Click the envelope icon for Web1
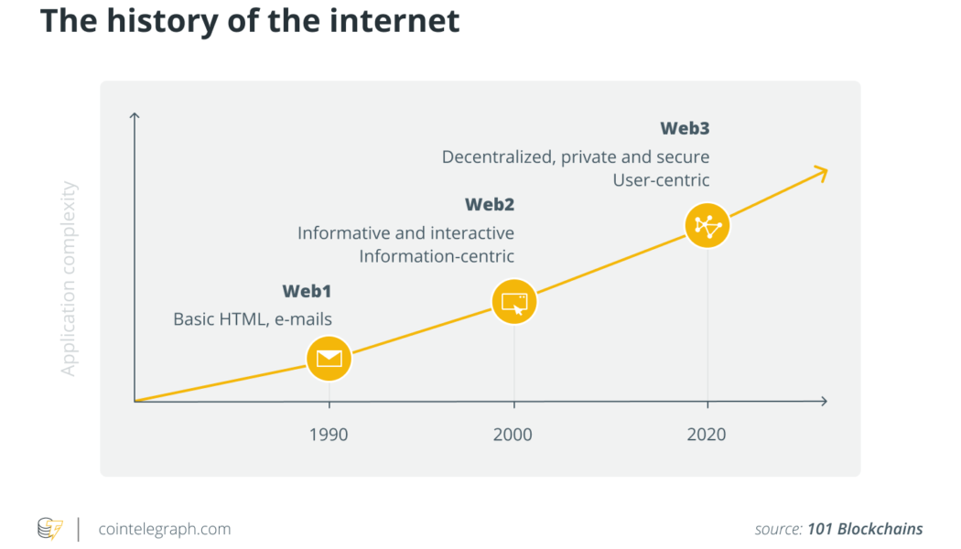[x=329, y=359]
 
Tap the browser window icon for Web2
[x=513, y=302]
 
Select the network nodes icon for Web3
[x=707, y=225]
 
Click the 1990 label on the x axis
[x=329, y=435]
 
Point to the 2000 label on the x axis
[x=513, y=435]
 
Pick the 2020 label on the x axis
[x=707, y=435]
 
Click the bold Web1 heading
[x=307, y=292]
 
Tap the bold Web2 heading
[x=490, y=204]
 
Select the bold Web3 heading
[x=685, y=128]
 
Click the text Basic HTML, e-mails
[x=253, y=319]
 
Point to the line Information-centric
[x=437, y=256]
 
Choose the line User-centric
[x=661, y=180]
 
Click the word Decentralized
[x=496, y=157]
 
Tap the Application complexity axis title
[x=70, y=279]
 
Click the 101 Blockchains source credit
[x=865, y=529]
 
